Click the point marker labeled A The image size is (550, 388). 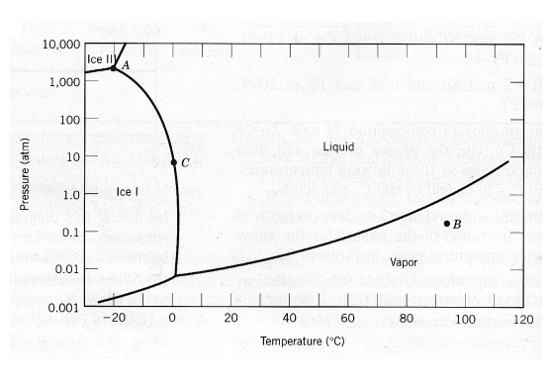pyautogui.click(x=114, y=67)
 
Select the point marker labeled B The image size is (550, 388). pyautogui.click(x=447, y=223)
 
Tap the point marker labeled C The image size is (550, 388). pyautogui.click(x=174, y=161)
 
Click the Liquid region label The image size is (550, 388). pyautogui.click(x=338, y=146)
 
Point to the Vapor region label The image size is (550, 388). pyautogui.click(x=405, y=262)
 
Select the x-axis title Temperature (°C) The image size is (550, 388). pyautogui.click(x=302, y=341)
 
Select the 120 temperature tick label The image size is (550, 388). pyautogui.click(x=523, y=320)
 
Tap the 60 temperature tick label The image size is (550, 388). pyautogui.click(x=349, y=320)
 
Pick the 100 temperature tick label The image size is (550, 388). pyautogui.click(x=465, y=320)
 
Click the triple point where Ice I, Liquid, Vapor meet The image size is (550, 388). pyautogui.click(x=175, y=275)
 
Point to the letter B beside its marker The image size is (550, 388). pyautogui.click(x=457, y=225)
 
